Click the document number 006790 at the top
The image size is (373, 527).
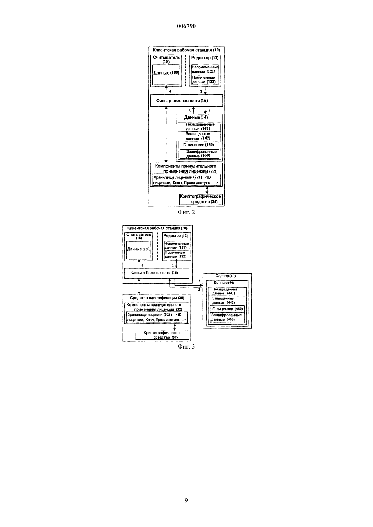click(x=186, y=26)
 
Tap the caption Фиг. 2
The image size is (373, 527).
click(x=186, y=212)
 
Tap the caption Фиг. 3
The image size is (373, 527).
click(x=186, y=346)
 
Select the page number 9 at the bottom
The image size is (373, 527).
click(x=186, y=500)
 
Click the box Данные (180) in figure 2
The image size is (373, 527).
click(x=166, y=75)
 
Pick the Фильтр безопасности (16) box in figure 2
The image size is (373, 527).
click(x=186, y=101)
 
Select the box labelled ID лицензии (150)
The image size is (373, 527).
click(x=199, y=145)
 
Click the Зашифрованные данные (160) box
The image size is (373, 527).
click(x=199, y=154)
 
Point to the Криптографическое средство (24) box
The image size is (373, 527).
click(x=201, y=199)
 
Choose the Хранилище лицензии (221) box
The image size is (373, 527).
click(x=186, y=180)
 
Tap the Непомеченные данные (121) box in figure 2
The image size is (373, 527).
click(x=205, y=70)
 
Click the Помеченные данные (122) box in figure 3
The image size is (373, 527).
click(x=177, y=255)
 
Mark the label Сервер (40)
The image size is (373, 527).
click(x=225, y=276)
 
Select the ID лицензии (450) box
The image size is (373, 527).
click(x=227, y=309)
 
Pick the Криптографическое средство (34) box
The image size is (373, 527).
click(x=162, y=335)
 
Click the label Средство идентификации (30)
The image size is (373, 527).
click(x=157, y=298)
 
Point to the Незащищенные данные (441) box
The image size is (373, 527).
click(x=227, y=292)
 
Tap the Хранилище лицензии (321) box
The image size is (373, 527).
click(x=157, y=317)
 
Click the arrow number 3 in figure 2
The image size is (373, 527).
click(x=189, y=111)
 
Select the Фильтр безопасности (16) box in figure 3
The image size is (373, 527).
click(x=157, y=273)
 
